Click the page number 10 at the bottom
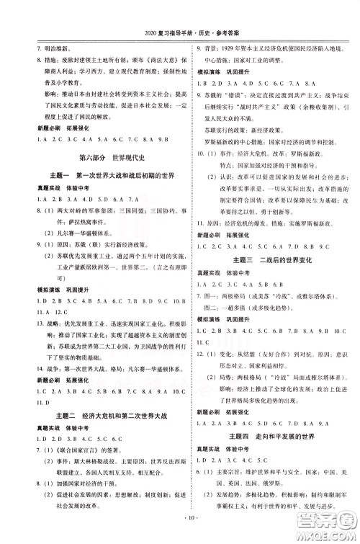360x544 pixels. point(179,536)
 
